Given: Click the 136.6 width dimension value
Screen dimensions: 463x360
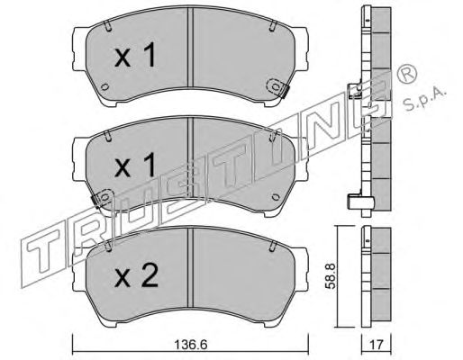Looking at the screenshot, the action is (x=191, y=345).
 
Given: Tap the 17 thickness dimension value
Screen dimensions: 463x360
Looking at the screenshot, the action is (x=377, y=345).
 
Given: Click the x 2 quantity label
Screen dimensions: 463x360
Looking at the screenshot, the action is (x=136, y=277).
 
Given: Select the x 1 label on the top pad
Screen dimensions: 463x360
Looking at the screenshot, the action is (x=135, y=55).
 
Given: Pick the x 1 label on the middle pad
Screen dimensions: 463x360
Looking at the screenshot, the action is (x=135, y=166).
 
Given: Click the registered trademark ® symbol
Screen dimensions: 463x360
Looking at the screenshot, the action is (x=406, y=73).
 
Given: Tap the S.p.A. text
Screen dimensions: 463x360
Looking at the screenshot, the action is (x=424, y=100).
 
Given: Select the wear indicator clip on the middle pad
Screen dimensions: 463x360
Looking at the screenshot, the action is (x=101, y=198).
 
